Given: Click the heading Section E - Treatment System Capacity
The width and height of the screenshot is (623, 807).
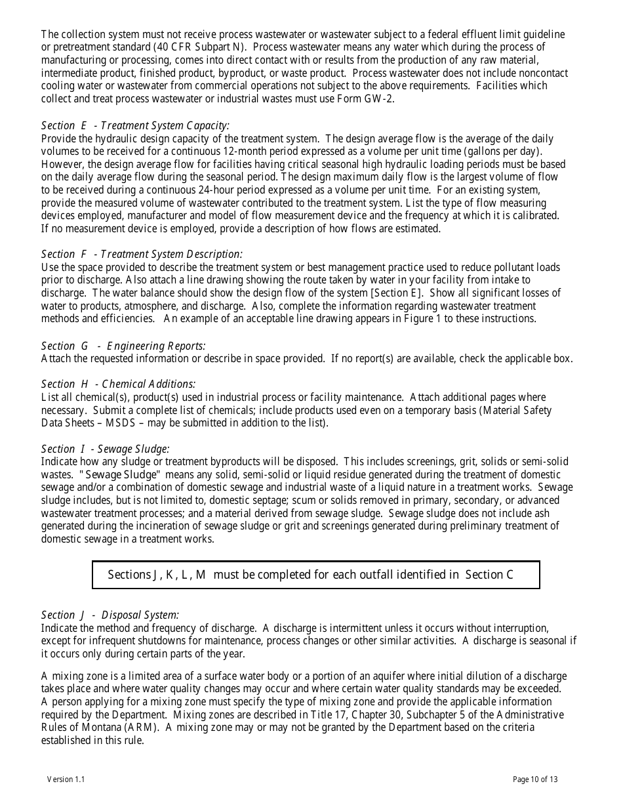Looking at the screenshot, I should [135, 125].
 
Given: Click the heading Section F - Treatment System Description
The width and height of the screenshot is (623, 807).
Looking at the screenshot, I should [142, 254].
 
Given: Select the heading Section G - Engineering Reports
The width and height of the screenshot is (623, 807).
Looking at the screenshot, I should [123, 346].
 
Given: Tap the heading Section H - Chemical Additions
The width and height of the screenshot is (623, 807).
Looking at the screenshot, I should [118, 384].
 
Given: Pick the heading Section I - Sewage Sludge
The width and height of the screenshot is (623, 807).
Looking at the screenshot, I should [105, 449].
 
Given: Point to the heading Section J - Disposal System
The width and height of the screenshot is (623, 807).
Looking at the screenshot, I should [110, 615].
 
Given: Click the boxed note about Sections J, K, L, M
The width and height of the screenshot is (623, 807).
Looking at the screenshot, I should [315, 575].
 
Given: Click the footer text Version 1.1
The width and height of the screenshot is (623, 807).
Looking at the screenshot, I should [66, 779].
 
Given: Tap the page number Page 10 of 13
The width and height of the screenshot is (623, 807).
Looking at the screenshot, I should [535, 779].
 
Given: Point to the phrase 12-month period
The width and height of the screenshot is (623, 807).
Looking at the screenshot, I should [242, 152].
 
